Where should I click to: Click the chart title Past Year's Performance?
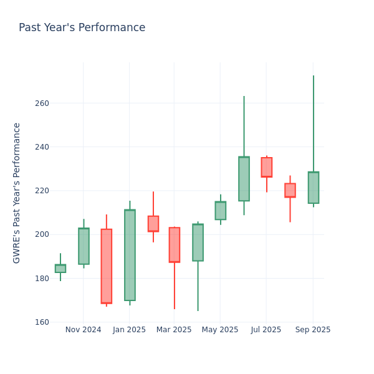(82, 28)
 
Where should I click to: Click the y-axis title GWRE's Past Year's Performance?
(17, 193)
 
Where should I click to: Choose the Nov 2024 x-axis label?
(83, 330)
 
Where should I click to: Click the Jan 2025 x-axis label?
(129, 330)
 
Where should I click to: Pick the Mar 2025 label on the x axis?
(174, 330)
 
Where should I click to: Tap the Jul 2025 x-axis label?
(266, 330)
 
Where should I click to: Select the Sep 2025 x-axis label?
(313, 330)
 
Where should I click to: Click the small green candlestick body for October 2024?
(60, 269)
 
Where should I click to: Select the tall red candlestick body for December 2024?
(107, 266)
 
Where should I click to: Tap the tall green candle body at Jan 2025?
(130, 255)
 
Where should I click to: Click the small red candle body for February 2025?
(153, 224)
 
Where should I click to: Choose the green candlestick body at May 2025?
(221, 211)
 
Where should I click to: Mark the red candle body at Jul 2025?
(267, 167)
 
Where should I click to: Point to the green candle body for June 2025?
(244, 179)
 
